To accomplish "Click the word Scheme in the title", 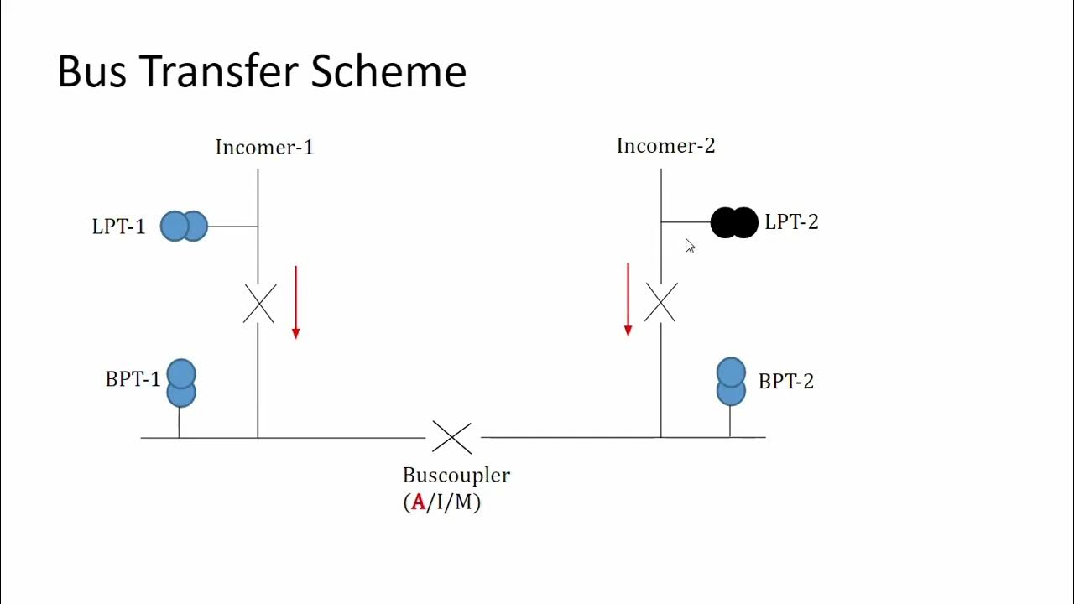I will pyautogui.click(x=388, y=72).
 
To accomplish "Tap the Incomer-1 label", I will pyautogui.click(x=264, y=148).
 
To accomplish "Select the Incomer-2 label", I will pyautogui.click(x=665, y=146).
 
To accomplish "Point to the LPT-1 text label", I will pyautogui.click(x=118, y=226).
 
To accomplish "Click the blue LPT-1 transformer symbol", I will pyautogui.click(x=184, y=226).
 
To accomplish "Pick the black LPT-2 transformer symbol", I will pyautogui.click(x=734, y=223).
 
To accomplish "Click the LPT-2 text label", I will pyautogui.click(x=791, y=222).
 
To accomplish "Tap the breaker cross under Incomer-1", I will pyautogui.click(x=259, y=304).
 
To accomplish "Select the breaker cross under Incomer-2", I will pyautogui.click(x=660, y=303).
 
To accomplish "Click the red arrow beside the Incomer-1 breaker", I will pyautogui.click(x=295, y=302).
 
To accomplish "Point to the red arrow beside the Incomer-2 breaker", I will pyautogui.click(x=628, y=299).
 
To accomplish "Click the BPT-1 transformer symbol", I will pyautogui.click(x=181, y=383).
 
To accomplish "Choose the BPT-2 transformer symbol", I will pyautogui.click(x=731, y=382).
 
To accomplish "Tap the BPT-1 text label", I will pyautogui.click(x=133, y=379).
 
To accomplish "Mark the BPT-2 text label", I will pyautogui.click(x=785, y=382).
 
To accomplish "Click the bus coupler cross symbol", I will pyautogui.click(x=452, y=437).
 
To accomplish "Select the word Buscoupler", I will pyautogui.click(x=456, y=476).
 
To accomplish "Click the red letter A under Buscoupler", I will pyautogui.click(x=418, y=503).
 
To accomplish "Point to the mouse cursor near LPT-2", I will pyautogui.click(x=689, y=246).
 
